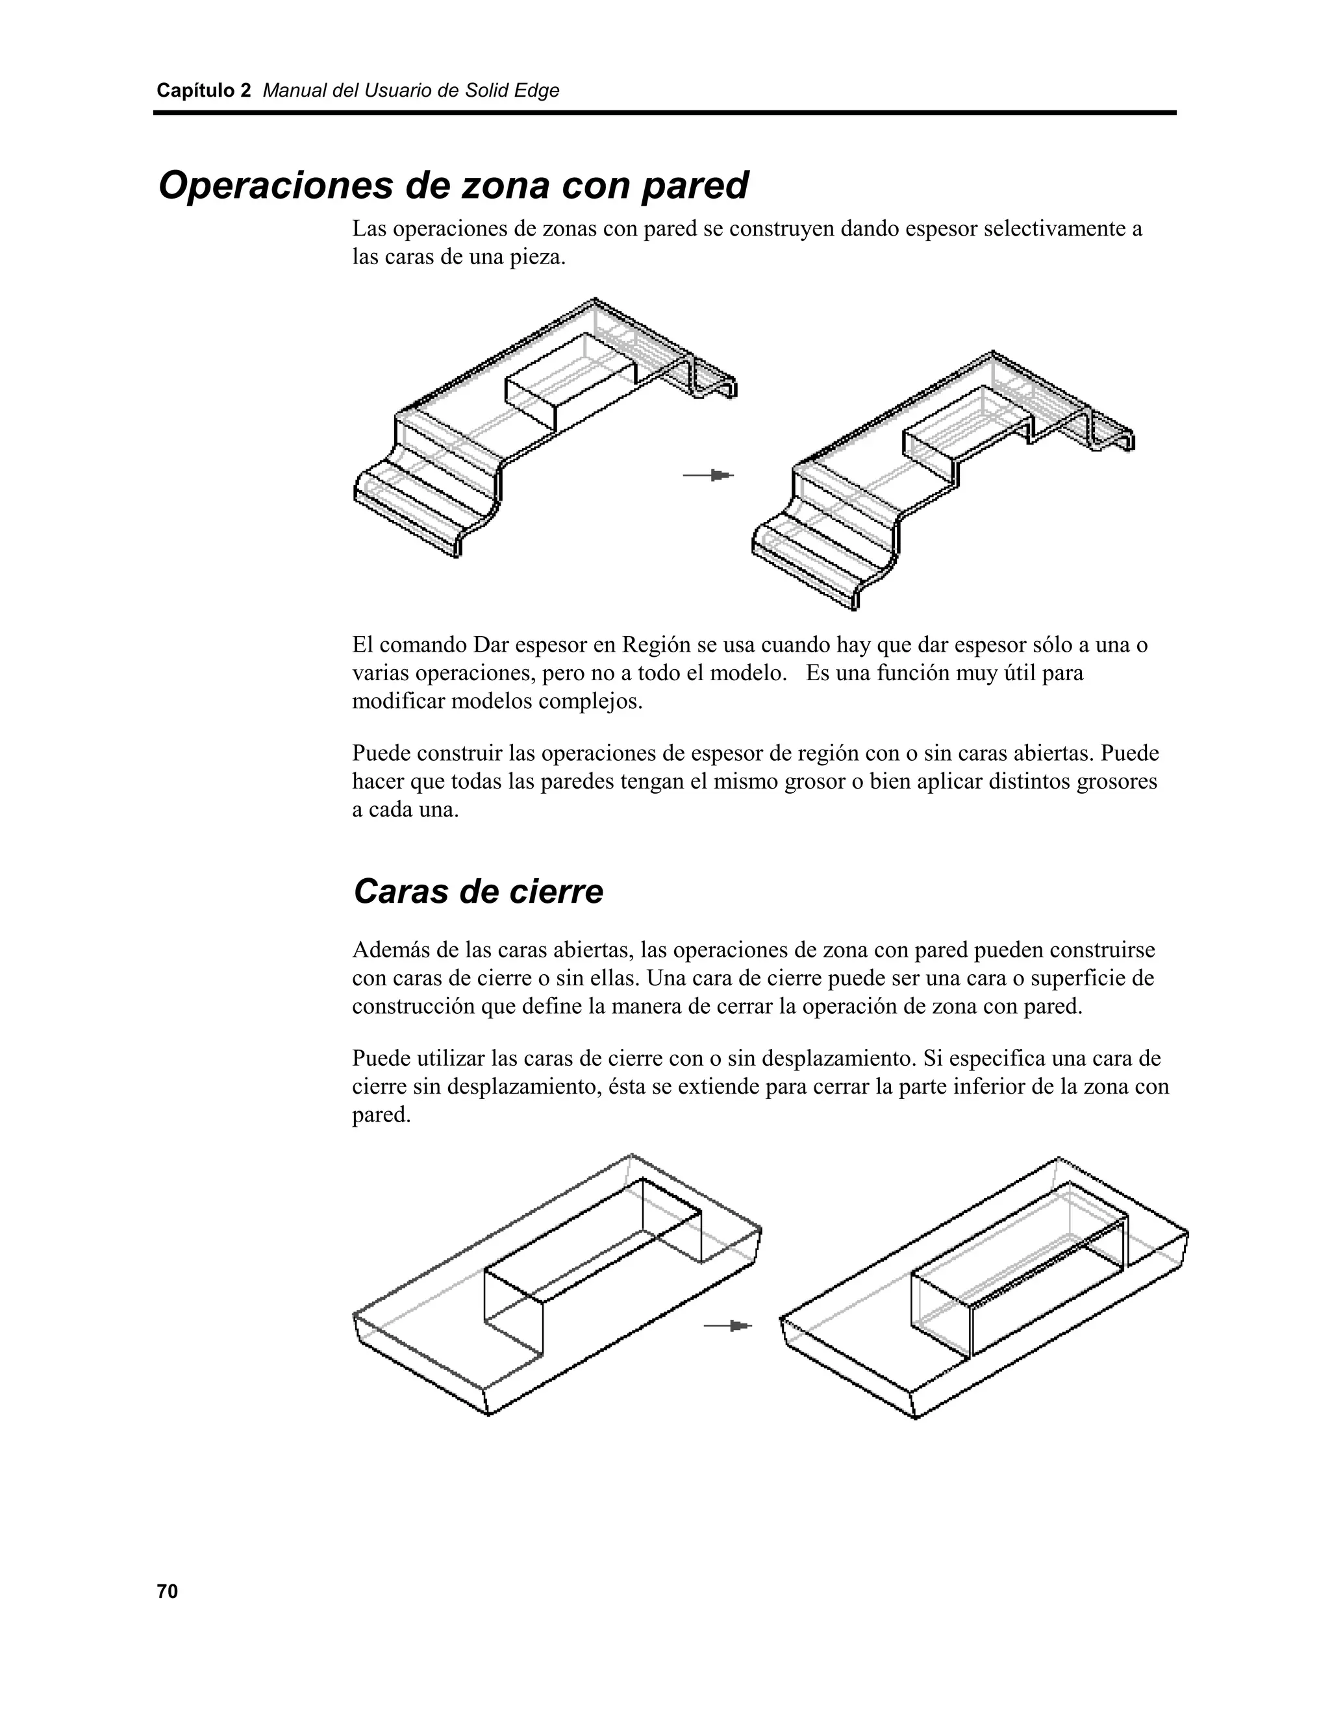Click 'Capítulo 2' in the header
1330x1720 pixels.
(x=203, y=91)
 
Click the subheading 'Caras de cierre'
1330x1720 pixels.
(x=478, y=892)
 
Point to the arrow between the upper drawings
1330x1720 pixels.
(x=709, y=475)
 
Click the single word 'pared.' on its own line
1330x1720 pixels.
(x=381, y=1115)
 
